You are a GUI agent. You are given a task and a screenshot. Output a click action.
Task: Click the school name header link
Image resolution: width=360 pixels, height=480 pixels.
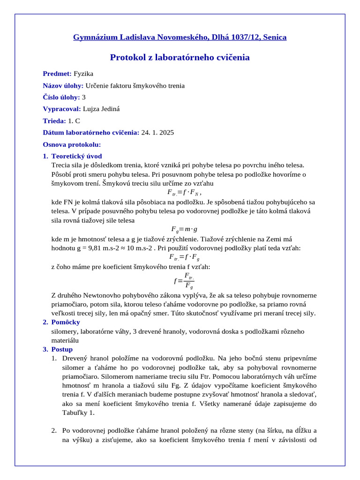click(180, 37)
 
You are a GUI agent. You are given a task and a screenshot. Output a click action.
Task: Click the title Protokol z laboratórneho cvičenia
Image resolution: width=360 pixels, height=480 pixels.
click(180, 58)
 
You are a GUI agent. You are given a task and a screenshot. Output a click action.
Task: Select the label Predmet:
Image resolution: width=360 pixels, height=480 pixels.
click(57, 74)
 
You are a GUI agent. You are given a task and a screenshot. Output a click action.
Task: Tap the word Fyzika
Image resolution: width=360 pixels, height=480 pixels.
click(83, 74)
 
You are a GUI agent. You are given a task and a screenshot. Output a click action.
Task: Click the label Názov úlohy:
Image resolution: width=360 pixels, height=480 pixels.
click(63, 85)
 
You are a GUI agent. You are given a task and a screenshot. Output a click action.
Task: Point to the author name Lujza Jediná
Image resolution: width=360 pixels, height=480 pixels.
click(101, 109)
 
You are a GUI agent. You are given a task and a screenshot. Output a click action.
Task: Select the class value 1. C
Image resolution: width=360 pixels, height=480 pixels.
click(74, 120)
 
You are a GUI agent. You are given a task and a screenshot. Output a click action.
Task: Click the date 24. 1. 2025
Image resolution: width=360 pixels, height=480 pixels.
click(157, 133)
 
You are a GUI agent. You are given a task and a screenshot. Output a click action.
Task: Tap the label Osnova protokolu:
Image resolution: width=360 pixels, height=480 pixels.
click(72, 144)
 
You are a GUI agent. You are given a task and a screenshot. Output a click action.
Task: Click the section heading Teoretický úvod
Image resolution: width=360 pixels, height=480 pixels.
click(76, 156)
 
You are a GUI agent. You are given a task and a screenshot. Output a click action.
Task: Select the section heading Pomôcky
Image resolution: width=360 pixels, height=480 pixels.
click(66, 322)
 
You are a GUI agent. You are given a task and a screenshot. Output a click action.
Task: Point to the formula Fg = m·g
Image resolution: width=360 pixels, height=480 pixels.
click(184, 229)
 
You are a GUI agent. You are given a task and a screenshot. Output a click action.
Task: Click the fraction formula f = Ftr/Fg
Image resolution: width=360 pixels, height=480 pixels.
click(184, 280)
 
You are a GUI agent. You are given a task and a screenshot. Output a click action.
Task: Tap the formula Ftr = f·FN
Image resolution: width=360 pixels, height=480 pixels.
click(184, 192)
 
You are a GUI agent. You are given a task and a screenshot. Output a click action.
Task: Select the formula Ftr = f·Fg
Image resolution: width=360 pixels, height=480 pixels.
click(184, 257)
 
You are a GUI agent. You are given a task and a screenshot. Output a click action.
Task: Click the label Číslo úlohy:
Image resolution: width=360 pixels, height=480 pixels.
click(61, 97)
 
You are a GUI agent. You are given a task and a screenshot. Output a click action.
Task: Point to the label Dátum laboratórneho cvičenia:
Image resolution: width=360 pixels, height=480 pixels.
click(91, 133)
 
